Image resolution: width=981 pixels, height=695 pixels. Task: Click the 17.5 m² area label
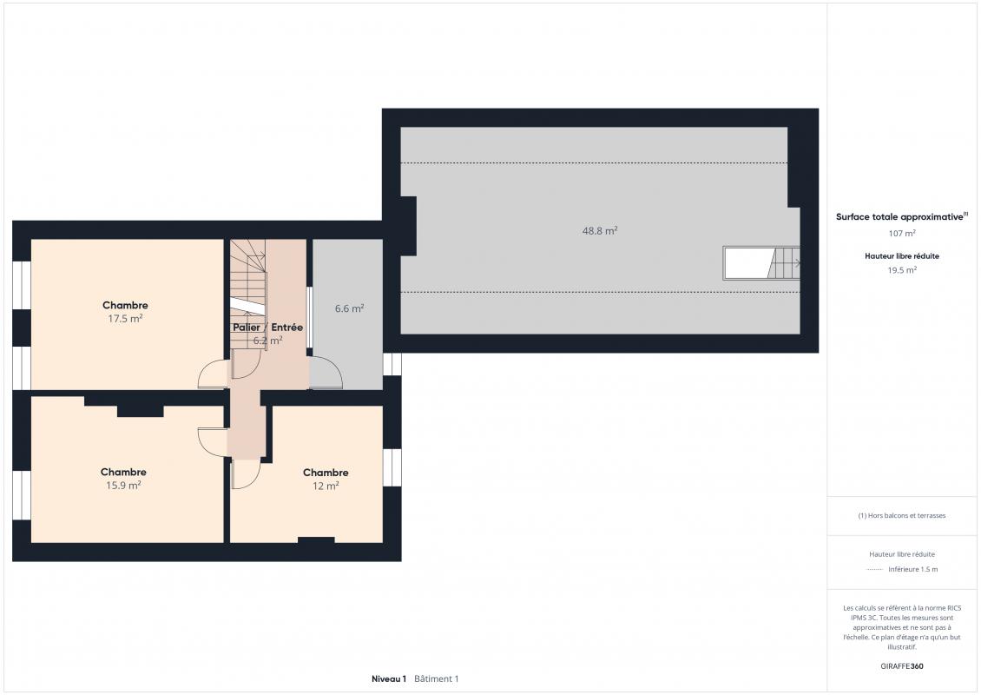[125, 319]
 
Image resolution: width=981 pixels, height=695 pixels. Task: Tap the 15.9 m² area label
[123, 486]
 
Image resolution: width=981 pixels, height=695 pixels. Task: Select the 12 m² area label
[326, 486]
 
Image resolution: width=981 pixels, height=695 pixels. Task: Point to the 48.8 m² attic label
[600, 230]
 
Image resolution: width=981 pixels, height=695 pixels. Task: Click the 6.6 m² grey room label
[349, 308]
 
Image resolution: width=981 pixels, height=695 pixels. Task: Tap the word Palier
[247, 327]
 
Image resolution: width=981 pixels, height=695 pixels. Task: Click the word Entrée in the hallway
[286, 327]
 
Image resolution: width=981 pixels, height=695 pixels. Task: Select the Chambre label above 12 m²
[326, 472]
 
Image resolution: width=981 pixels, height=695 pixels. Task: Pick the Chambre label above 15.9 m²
[123, 472]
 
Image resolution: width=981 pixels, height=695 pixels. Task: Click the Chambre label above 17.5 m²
[125, 305]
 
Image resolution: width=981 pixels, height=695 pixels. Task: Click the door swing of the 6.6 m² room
[326, 373]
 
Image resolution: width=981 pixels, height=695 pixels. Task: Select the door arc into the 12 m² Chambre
[245, 474]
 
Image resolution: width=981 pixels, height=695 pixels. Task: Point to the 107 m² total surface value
[901, 233]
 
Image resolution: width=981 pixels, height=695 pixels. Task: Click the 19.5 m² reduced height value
[901, 270]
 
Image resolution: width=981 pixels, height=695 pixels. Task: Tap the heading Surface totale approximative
[899, 216]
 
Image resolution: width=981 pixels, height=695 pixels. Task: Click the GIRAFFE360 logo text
[901, 666]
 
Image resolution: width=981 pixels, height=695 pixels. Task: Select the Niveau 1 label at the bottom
[389, 678]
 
